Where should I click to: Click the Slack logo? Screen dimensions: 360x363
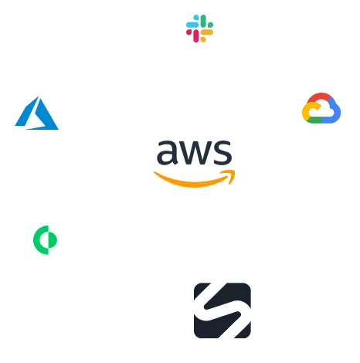click(x=199, y=29)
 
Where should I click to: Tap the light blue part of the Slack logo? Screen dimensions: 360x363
click(x=192, y=23)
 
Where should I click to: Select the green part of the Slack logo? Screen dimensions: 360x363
click(x=206, y=22)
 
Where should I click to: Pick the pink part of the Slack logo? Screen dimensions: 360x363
click(x=193, y=36)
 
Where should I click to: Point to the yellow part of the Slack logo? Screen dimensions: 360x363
click(x=206, y=35)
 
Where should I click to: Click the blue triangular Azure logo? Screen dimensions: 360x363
click(x=36, y=114)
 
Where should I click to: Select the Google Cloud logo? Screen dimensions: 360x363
click(x=321, y=108)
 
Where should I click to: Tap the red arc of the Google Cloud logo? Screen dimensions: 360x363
click(x=321, y=98)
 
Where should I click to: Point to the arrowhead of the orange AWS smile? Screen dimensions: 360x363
click(x=231, y=175)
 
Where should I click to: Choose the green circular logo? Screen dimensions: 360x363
click(x=45, y=240)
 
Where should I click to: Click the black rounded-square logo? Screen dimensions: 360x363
click(x=222, y=310)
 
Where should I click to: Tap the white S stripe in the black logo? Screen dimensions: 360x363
click(x=222, y=310)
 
